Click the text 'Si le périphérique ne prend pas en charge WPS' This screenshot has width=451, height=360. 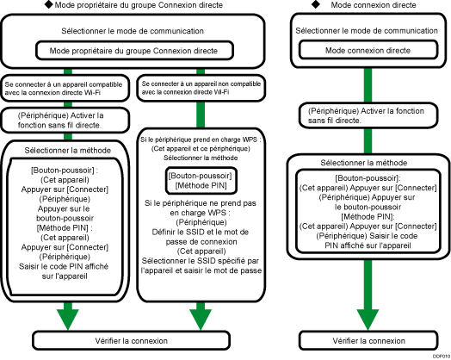pyautogui.click(x=201, y=209)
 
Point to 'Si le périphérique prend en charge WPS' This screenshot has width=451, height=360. pyautogui.click(x=201, y=138)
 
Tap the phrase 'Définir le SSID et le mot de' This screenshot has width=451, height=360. pyautogui.click(x=201, y=232)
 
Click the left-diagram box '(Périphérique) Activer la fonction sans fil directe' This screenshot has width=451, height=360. pyautogui.click(x=65, y=118)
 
